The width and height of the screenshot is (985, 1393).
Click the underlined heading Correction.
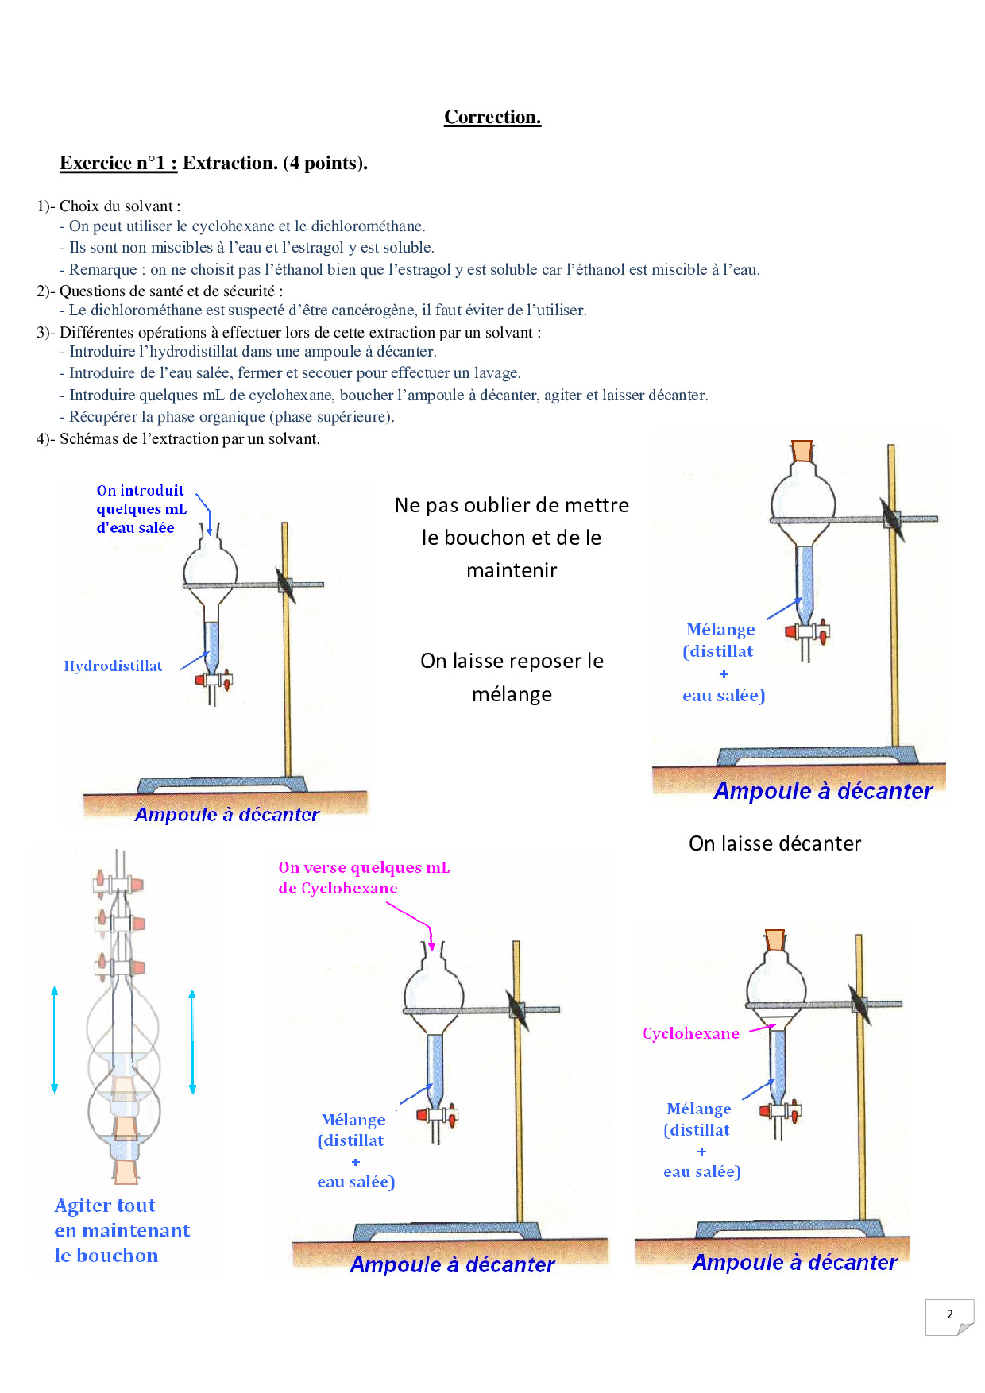point(492,117)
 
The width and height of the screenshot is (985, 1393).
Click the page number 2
point(949,1314)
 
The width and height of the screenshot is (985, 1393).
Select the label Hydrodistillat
point(113,666)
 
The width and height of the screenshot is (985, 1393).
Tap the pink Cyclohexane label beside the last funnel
point(690,1033)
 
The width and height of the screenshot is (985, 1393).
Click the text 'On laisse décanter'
point(774,843)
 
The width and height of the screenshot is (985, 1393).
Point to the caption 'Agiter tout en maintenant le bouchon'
point(122,1230)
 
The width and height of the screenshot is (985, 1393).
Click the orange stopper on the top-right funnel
point(802,450)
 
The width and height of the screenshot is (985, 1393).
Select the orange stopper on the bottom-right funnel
point(774,940)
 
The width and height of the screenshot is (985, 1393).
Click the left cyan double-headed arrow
point(54,1040)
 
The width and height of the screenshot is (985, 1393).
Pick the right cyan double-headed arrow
point(192,1042)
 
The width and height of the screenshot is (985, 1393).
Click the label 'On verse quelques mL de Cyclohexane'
point(363,878)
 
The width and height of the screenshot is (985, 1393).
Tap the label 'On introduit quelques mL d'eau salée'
point(141,509)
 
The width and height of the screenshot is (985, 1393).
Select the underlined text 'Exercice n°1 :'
point(118,163)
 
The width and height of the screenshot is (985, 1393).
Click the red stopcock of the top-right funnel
point(791,632)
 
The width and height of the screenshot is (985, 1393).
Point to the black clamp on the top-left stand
point(285,585)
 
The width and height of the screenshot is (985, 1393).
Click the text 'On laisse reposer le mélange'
point(512,677)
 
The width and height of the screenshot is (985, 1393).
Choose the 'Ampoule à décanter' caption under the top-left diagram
point(227,815)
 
